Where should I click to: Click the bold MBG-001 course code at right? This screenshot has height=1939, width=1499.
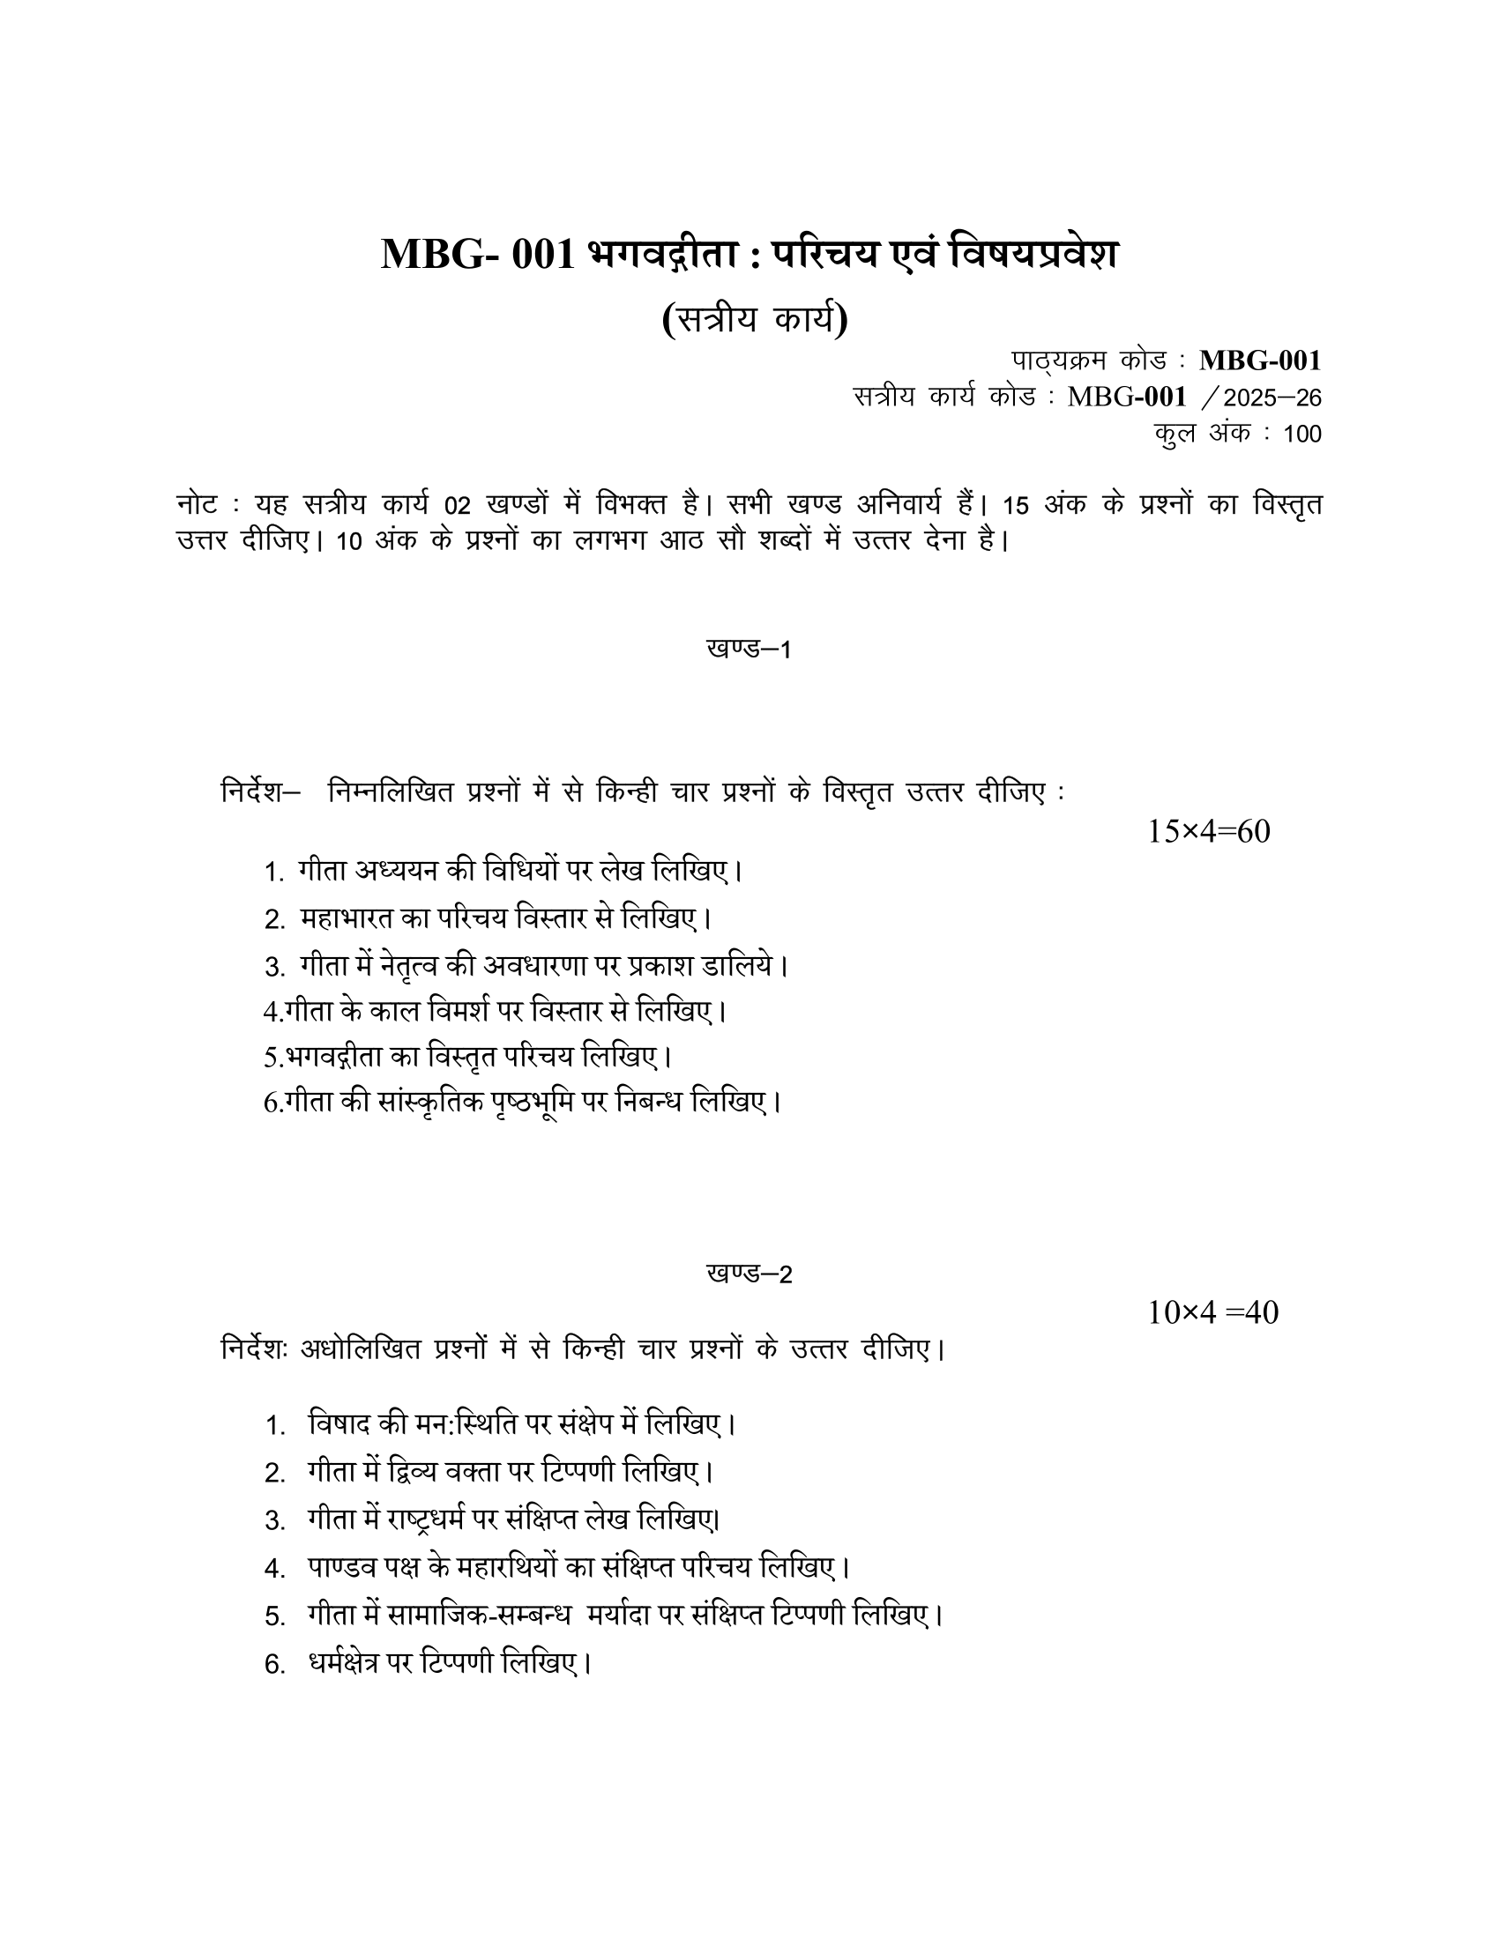pos(1259,360)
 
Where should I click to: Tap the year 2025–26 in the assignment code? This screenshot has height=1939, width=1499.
pos(1272,397)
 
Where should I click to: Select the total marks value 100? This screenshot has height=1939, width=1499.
pos(1301,435)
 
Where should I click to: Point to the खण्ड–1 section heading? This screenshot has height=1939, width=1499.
pos(749,649)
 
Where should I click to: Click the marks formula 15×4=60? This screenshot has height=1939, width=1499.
pos(1209,832)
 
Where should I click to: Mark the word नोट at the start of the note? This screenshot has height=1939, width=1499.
pos(197,505)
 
